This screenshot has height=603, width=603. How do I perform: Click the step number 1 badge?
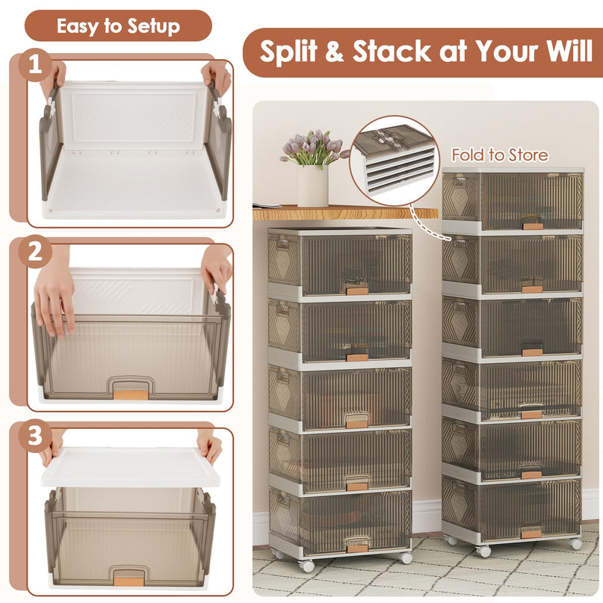(x=35, y=64)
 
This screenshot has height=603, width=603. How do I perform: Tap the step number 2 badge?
(x=35, y=252)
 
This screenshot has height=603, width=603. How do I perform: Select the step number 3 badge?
(x=35, y=436)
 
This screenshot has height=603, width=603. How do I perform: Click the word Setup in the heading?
(x=153, y=27)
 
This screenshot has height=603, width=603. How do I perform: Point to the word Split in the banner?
(x=288, y=52)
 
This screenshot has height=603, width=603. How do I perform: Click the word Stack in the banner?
(x=391, y=51)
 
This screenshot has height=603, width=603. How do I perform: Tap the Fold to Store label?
(x=500, y=155)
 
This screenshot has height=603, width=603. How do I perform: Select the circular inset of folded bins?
(x=394, y=161)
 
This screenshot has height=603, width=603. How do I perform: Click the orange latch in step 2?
(x=131, y=395)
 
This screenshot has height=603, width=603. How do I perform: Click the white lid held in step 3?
(x=131, y=467)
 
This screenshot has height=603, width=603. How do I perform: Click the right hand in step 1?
(x=217, y=77)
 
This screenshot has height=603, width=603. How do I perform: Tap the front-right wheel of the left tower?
(x=405, y=557)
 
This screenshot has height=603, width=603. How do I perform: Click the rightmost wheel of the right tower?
(x=575, y=543)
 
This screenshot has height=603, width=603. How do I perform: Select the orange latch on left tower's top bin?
(x=357, y=291)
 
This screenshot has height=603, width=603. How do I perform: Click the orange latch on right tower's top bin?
(x=533, y=226)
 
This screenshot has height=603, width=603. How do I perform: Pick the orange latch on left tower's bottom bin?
(x=357, y=548)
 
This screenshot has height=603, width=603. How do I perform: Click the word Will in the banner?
(x=570, y=51)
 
